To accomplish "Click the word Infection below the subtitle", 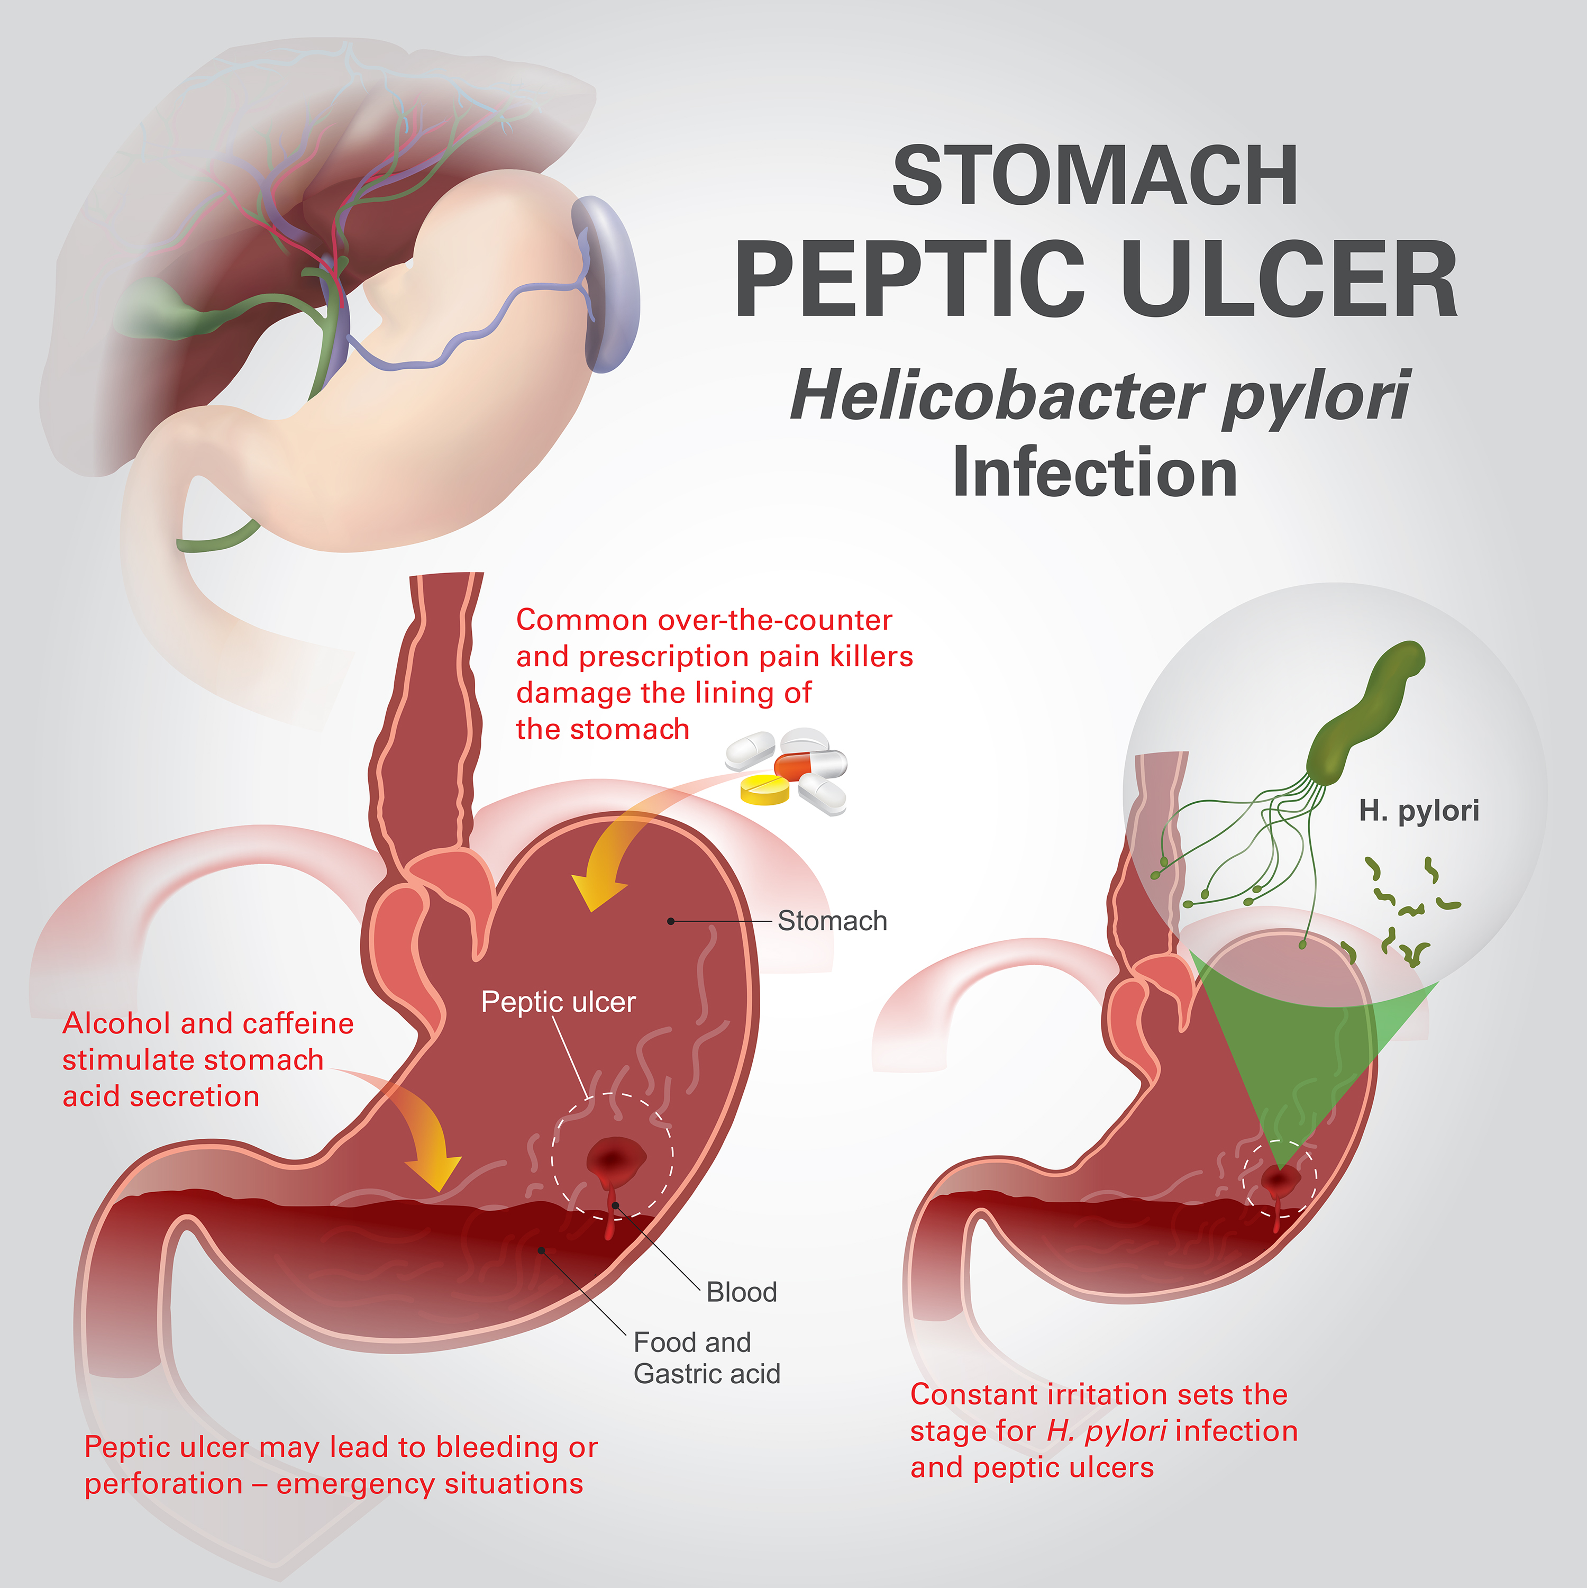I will [x=1095, y=474].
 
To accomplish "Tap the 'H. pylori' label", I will [x=1419, y=811].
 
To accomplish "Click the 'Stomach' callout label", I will [x=832, y=921].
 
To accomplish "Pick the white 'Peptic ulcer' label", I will [x=558, y=1002].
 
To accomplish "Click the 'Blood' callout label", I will [x=741, y=1292].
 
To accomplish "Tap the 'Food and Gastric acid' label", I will [x=706, y=1358].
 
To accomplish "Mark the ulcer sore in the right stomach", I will [x=1279, y=1181].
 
